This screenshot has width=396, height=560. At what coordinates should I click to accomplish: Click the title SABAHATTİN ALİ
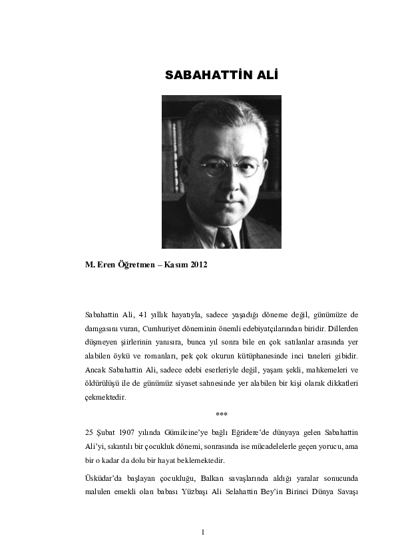(221, 76)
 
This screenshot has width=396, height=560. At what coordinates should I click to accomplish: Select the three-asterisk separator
(222, 414)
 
